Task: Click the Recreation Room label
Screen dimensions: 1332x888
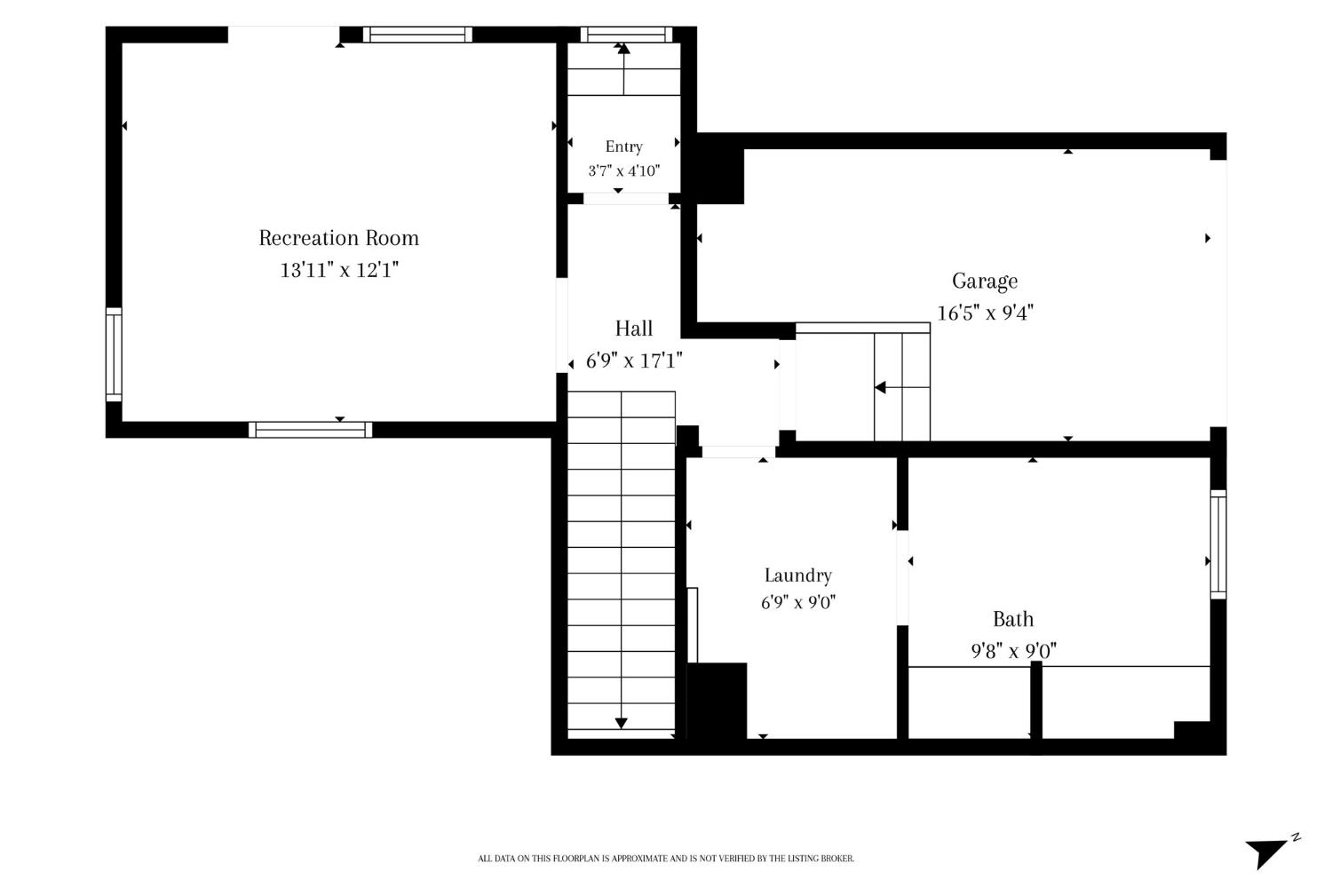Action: pos(339,238)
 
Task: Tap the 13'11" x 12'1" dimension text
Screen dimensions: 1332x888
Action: pos(339,270)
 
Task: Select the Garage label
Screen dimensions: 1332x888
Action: pos(985,281)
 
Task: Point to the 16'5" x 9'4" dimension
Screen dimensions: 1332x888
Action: pos(986,313)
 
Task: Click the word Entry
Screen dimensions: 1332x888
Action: pos(623,147)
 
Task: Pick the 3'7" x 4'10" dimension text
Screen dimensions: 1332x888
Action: pos(623,171)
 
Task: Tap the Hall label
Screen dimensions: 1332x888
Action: pos(634,329)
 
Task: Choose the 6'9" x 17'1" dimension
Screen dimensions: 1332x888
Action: pos(634,361)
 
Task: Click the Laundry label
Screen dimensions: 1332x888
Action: pos(798,575)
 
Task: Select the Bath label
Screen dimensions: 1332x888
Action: pos(1013,619)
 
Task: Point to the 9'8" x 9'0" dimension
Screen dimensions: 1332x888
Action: pos(1013,651)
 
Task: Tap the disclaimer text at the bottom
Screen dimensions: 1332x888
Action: pos(666,859)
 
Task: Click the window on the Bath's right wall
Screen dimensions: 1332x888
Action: pos(1218,544)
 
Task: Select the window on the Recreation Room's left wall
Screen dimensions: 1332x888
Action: pos(114,354)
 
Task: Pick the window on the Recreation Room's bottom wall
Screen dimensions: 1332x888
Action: pos(311,430)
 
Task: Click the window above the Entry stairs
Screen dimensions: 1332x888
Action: pos(626,35)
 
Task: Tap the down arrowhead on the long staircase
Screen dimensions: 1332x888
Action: pos(622,723)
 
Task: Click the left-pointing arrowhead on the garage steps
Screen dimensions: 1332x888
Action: pos(880,388)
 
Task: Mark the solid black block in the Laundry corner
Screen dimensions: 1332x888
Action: pos(717,702)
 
